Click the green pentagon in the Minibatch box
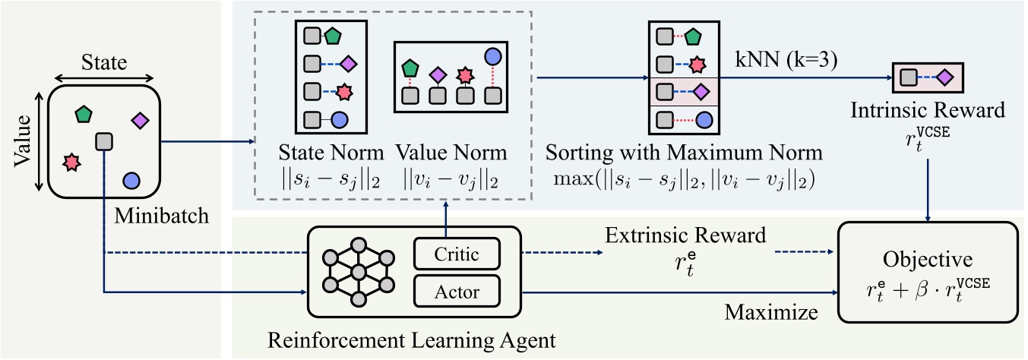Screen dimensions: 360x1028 pyautogui.click(x=83, y=115)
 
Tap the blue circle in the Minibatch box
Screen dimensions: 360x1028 pyautogui.click(x=131, y=181)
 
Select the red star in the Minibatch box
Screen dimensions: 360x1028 pyautogui.click(x=71, y=161)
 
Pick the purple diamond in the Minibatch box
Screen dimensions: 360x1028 pyautogui.click(x=140, y=120)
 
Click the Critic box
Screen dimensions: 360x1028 pyautogui.click(x=457, y=254)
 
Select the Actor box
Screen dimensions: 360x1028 pyautogui.click(x=457, y=291)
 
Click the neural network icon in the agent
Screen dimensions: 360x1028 pyautogui.click(x=356, y=273)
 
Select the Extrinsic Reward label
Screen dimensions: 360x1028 pyautogui.click(x=685, y=235)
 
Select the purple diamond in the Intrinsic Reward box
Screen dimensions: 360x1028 pyautogui.click(x=944, y=77)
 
